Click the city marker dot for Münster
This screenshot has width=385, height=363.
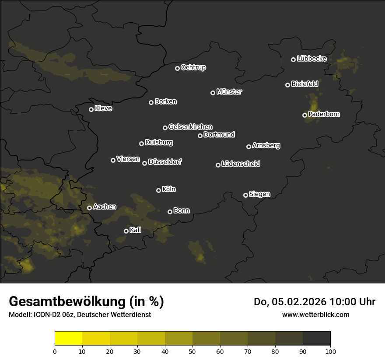click(x=213, y=93)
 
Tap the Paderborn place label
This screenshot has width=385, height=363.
click(x=324, y=114)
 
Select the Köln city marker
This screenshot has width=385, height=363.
click(x=158, y=190)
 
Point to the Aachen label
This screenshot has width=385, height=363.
click(x=105, y=207)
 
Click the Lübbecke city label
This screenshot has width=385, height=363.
click(x=311, y=59)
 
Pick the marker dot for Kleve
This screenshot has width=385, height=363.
click(x=91, y=109)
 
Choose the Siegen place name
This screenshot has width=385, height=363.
click(x=259, y=194)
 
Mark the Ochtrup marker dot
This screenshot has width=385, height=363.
click(x=177, y=68)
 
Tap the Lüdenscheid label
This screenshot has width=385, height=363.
click(x=241, y=164)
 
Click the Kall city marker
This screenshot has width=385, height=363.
click(x=126, y=231)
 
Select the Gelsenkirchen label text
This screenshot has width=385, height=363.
click(x=190, y=127)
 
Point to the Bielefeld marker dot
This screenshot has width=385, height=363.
click(x=287, y=85)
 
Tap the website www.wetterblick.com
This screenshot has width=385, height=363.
click(x=315, y=314)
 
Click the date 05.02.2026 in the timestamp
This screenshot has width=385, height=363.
click(x=299, y=302)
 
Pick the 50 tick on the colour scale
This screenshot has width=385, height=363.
click(x=192, y=351)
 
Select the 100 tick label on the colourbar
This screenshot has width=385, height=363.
click(x=330, y=351)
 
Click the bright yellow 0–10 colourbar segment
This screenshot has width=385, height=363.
click(x=69, y=339)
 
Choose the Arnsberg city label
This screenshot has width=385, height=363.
click(x=266, y=146)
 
